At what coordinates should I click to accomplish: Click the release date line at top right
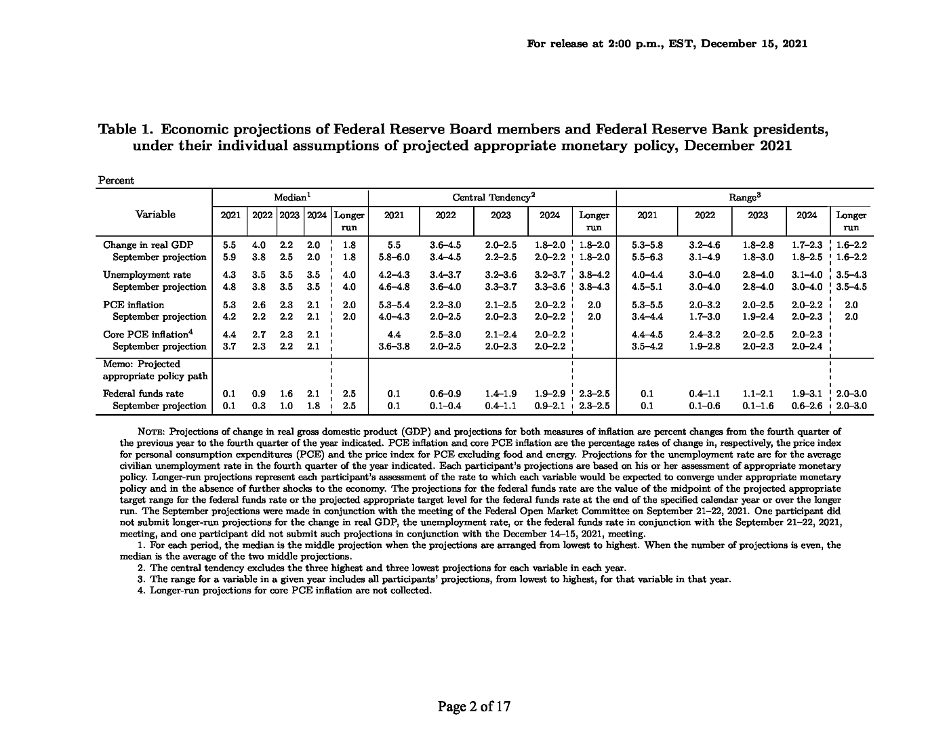click(x=667, y=43)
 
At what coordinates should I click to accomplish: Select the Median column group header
click(x=292, y=197)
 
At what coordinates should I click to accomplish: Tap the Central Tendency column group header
click(x=493, y=197)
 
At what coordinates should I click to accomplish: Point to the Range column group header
click(x=744, y=197)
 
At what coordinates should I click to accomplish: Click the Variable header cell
click(x=155, y=215)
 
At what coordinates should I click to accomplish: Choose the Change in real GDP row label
click(x=148, y=245)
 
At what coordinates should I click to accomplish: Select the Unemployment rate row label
click(x=147, y=274)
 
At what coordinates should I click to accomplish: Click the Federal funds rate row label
click(x=143, y=394)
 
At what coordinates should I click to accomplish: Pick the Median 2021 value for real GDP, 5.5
click(x=229, y=245)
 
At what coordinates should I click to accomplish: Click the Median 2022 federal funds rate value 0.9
click(x=259, y=394)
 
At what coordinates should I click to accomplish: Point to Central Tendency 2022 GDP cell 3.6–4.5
click(x=445, y=245)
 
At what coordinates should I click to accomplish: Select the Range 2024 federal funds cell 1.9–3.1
click(x=807, y=394)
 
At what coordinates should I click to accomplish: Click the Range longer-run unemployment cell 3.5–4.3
click(x=851, y=274)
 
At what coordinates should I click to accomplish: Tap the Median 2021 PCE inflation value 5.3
click(x=229, y=304)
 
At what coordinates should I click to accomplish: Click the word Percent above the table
click(x=117, y=180)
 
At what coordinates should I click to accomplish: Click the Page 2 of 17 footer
click(x=474, y=707)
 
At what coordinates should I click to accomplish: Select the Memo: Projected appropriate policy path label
click(x=155, y=370)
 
